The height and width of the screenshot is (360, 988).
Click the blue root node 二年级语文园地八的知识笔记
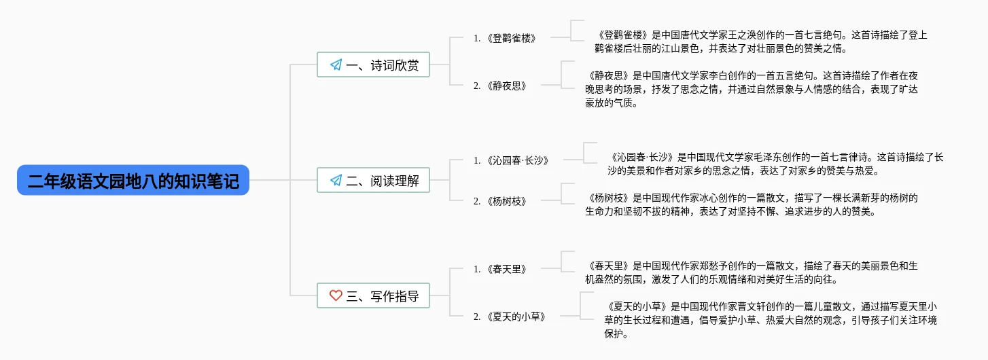click(x=133, y=181)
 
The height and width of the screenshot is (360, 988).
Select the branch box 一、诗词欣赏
click(x=373, y=65)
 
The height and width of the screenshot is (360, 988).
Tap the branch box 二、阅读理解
click(x=373, y=181)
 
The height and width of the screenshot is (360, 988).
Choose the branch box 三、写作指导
click(x=373, y=296)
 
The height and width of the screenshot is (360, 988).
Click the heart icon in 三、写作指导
click(x=335, y=296)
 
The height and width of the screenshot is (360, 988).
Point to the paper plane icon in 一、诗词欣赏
click(x=335, y=65)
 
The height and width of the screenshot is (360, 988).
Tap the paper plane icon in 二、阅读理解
click(x=335, y=181)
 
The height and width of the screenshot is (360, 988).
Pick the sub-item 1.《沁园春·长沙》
click(x=511, y=160)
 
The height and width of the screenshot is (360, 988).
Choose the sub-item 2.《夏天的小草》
click(x=510, y=317)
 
